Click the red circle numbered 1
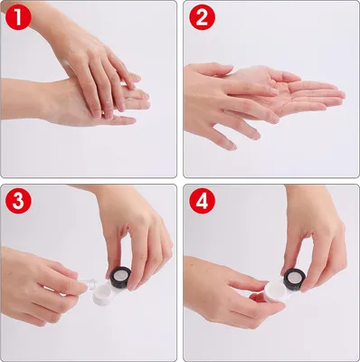18,17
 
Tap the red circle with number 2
202,17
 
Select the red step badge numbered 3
18,200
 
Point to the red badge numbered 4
202,200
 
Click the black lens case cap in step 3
120,277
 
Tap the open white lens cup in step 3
102,294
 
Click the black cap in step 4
295,280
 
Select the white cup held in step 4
276,292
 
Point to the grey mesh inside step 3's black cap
119,275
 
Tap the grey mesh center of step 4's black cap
294,278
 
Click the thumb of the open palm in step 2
283,76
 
